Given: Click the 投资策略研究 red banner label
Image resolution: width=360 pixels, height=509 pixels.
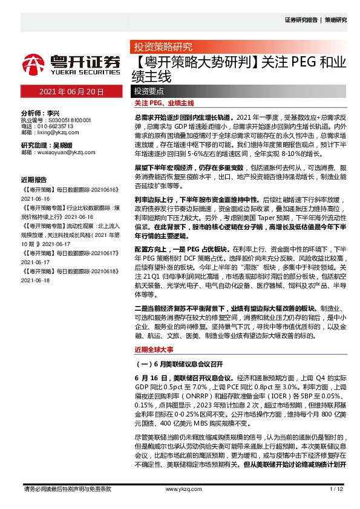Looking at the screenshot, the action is click(x=162, y=47).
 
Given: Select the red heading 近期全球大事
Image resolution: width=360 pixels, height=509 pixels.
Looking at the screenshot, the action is click(x=153, y=349).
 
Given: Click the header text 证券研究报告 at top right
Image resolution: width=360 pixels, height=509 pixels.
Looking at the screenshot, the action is click(x=301, y=20).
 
